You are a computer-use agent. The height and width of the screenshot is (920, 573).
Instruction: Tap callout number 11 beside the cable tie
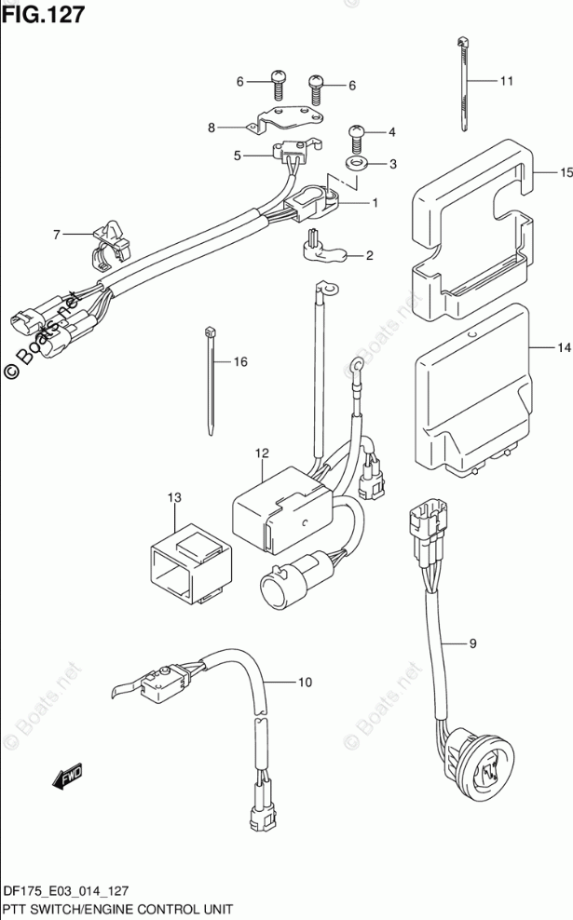tap(506, 81)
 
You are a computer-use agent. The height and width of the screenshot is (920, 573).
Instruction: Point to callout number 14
tap(562, 348)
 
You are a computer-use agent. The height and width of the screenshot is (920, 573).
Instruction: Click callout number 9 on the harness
tap(471, 643)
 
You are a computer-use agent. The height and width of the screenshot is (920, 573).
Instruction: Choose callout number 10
tap(304, 683)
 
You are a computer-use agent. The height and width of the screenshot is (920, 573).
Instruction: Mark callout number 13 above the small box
tap(174, 498)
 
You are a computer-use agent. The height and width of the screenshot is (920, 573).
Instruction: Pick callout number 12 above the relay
tap(262, 453)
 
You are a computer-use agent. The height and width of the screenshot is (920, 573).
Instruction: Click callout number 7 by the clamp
tap(56, 235)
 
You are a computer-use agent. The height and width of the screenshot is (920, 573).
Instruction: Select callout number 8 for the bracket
tap(211, 128)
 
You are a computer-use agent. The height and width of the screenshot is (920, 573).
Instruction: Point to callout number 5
tap(238, 156)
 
